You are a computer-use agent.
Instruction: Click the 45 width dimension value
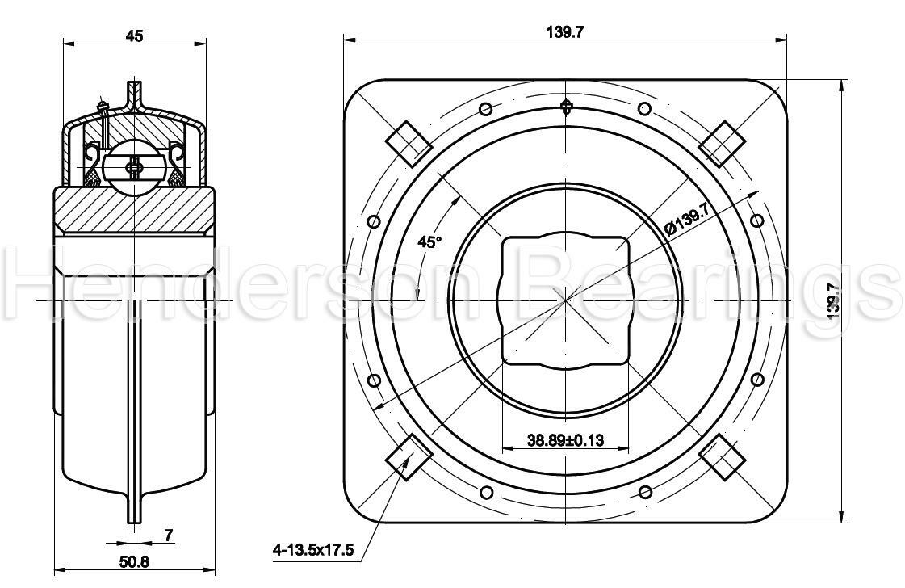[x=134, y=36]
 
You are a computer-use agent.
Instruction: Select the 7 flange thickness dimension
[x=169, y=534]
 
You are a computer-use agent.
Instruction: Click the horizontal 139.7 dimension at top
[x=565, y=31]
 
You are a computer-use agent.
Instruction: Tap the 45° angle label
[x=430, y=241]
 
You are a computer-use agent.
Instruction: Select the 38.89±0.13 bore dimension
[x=565, y=440]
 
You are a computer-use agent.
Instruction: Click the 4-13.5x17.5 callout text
[x=313, y=550]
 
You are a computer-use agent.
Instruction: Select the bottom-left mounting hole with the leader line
[x=409, y=456]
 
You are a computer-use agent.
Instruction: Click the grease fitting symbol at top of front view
[x=566, y=106]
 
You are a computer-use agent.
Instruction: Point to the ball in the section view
[x=134, y=167]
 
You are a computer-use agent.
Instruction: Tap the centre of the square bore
[x=565, y=299]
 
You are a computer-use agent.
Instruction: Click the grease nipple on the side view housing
[x=102, y=105]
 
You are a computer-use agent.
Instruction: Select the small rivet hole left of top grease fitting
[x=486, y=110]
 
